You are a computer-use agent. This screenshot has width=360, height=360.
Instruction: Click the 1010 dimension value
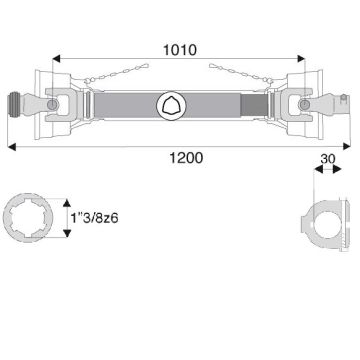180,50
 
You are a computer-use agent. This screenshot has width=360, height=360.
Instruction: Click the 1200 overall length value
186,158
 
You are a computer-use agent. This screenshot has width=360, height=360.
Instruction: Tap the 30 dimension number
328,159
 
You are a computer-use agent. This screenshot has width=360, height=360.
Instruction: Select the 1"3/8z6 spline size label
95,219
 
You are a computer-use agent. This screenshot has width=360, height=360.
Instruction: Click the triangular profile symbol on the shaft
171,105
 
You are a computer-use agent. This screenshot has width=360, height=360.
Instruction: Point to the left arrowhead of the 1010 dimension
57,59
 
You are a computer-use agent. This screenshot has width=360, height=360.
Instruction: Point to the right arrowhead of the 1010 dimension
301,59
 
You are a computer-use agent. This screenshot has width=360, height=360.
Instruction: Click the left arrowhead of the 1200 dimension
12,147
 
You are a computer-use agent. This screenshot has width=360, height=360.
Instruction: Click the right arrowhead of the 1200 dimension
346,146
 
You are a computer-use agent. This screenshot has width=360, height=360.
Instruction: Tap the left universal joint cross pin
52,105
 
